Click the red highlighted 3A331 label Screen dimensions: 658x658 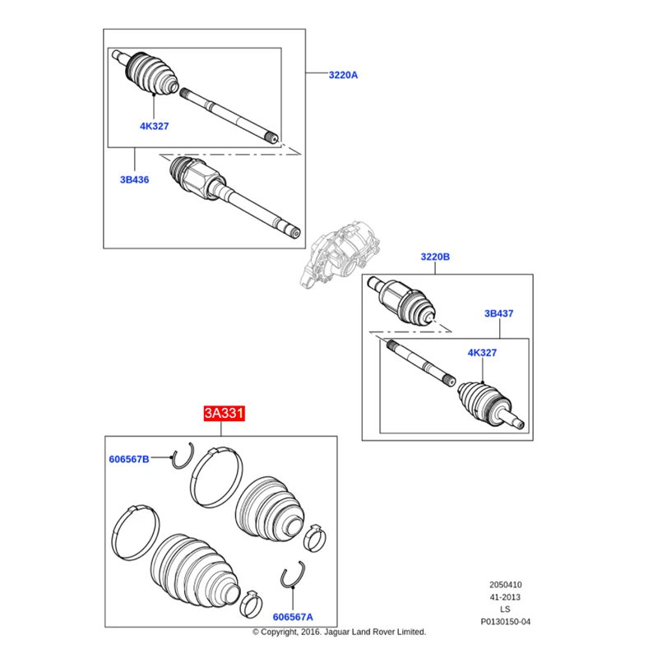pos(225,414)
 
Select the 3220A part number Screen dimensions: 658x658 pos(343,75)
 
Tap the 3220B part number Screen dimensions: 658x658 pos(435,257)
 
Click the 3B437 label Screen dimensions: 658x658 pos(498,313)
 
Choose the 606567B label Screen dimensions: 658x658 pos(129,459)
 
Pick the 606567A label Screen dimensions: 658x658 pos(293,616)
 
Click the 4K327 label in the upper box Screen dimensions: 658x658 pos(154,126)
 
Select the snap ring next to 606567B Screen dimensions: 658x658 pos(182,456)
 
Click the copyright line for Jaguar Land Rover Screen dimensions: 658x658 pos(339,632)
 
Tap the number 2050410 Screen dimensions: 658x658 pos(505,586)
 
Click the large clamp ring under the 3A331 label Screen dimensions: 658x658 pos(217,477)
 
